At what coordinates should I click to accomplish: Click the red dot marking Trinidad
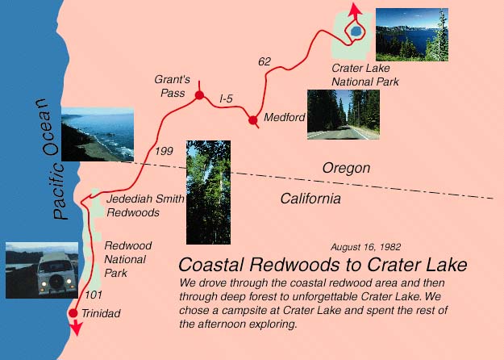(x=73, y=312)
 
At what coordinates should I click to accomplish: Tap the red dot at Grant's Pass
(x=200, y=95)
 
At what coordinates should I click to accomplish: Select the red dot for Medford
(x=253, y=120)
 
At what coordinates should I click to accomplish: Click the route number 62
(x=264, y=61)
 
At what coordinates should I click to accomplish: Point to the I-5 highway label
(x=226, y=98)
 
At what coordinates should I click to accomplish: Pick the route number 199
(x=164, y=151)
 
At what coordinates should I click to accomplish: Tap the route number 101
(x=94, y=295)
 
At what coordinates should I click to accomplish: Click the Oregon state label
(x=346, y=169)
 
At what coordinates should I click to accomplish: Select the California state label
(x=310, y=199)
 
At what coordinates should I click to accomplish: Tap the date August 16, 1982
(x=366, y=247)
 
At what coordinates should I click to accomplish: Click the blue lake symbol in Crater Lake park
(x=356, y=31)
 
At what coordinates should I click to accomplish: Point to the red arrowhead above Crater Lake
(x=355, y=9)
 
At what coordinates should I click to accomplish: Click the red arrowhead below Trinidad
(x=76, y=328)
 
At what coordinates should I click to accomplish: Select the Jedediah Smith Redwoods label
(x=146, y=205)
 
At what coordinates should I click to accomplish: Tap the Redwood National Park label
(x=128, y=259)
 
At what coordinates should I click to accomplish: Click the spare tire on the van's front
(x=56, y=283)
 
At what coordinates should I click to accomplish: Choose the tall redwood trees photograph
(x=208, y=192)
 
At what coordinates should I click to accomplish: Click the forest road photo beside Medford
(x=344, y=115)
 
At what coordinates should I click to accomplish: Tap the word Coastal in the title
(x=210, y=265)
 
